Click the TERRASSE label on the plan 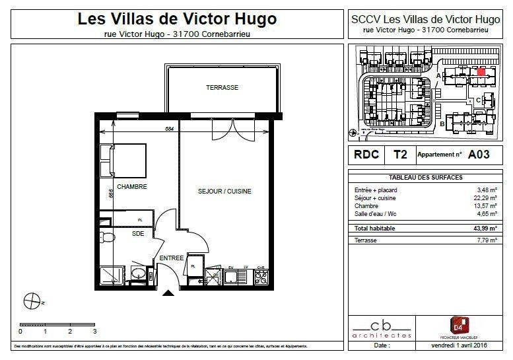(221, 88)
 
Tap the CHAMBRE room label (131, 187)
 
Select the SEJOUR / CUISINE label (224, 192)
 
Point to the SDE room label (137, 233)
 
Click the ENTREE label (171, 258)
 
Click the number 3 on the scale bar (94, 331)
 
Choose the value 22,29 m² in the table (484, 198)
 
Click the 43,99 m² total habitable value (483, 229)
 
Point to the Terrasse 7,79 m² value (485, 240)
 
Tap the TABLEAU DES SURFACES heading (425, 178)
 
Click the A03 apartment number (479, 155)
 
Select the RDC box (366, 155)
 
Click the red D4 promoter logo (459, 325)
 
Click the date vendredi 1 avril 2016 (458, 345)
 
